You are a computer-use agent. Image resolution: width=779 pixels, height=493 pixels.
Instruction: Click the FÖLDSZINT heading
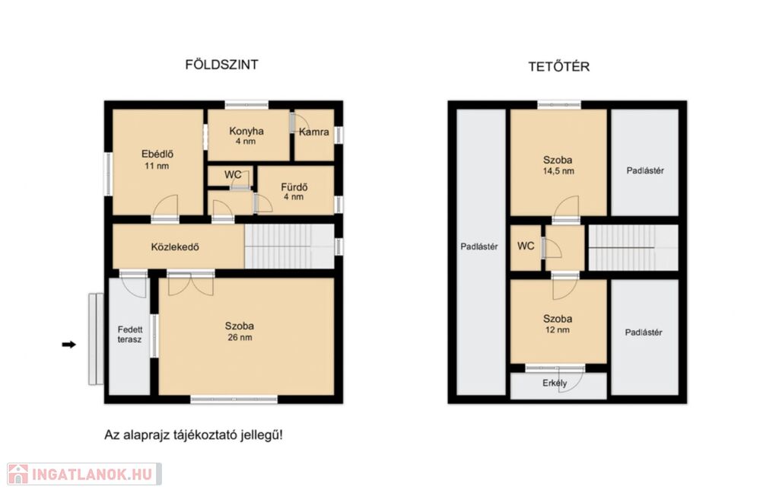[221, 65]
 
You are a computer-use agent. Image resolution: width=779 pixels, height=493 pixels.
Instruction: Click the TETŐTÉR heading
[559, 67]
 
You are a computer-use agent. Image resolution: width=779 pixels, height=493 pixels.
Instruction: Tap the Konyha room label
[246, 131]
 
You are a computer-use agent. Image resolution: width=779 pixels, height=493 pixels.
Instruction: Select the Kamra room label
[314, 132]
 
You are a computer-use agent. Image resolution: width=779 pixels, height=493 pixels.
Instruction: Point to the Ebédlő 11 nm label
[157, 160]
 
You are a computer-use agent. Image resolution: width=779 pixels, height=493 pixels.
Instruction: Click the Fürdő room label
[294, 187]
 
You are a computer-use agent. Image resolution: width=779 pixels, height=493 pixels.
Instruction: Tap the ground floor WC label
[233, 175]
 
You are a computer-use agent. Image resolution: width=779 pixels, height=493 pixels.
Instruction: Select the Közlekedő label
[175, 247]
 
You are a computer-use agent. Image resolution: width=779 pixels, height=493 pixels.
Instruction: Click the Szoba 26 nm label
[240, 332]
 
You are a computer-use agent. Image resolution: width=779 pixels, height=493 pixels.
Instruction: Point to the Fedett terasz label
[129, 335]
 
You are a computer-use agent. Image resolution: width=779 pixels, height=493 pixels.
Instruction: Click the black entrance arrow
[69, 345]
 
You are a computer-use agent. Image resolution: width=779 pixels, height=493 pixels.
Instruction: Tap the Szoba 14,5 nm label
[558, 165]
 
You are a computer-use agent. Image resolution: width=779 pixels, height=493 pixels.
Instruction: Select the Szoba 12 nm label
[558, 324]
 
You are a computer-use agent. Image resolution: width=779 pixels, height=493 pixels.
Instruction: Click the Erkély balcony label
[555, 383]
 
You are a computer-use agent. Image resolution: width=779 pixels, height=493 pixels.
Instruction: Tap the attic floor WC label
[526, 246]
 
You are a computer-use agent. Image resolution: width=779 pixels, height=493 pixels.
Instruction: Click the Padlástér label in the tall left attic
[479, 247]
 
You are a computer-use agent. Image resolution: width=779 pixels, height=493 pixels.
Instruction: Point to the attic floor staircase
[633, 247]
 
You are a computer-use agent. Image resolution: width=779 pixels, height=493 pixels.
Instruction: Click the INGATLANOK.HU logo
[84, 474]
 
